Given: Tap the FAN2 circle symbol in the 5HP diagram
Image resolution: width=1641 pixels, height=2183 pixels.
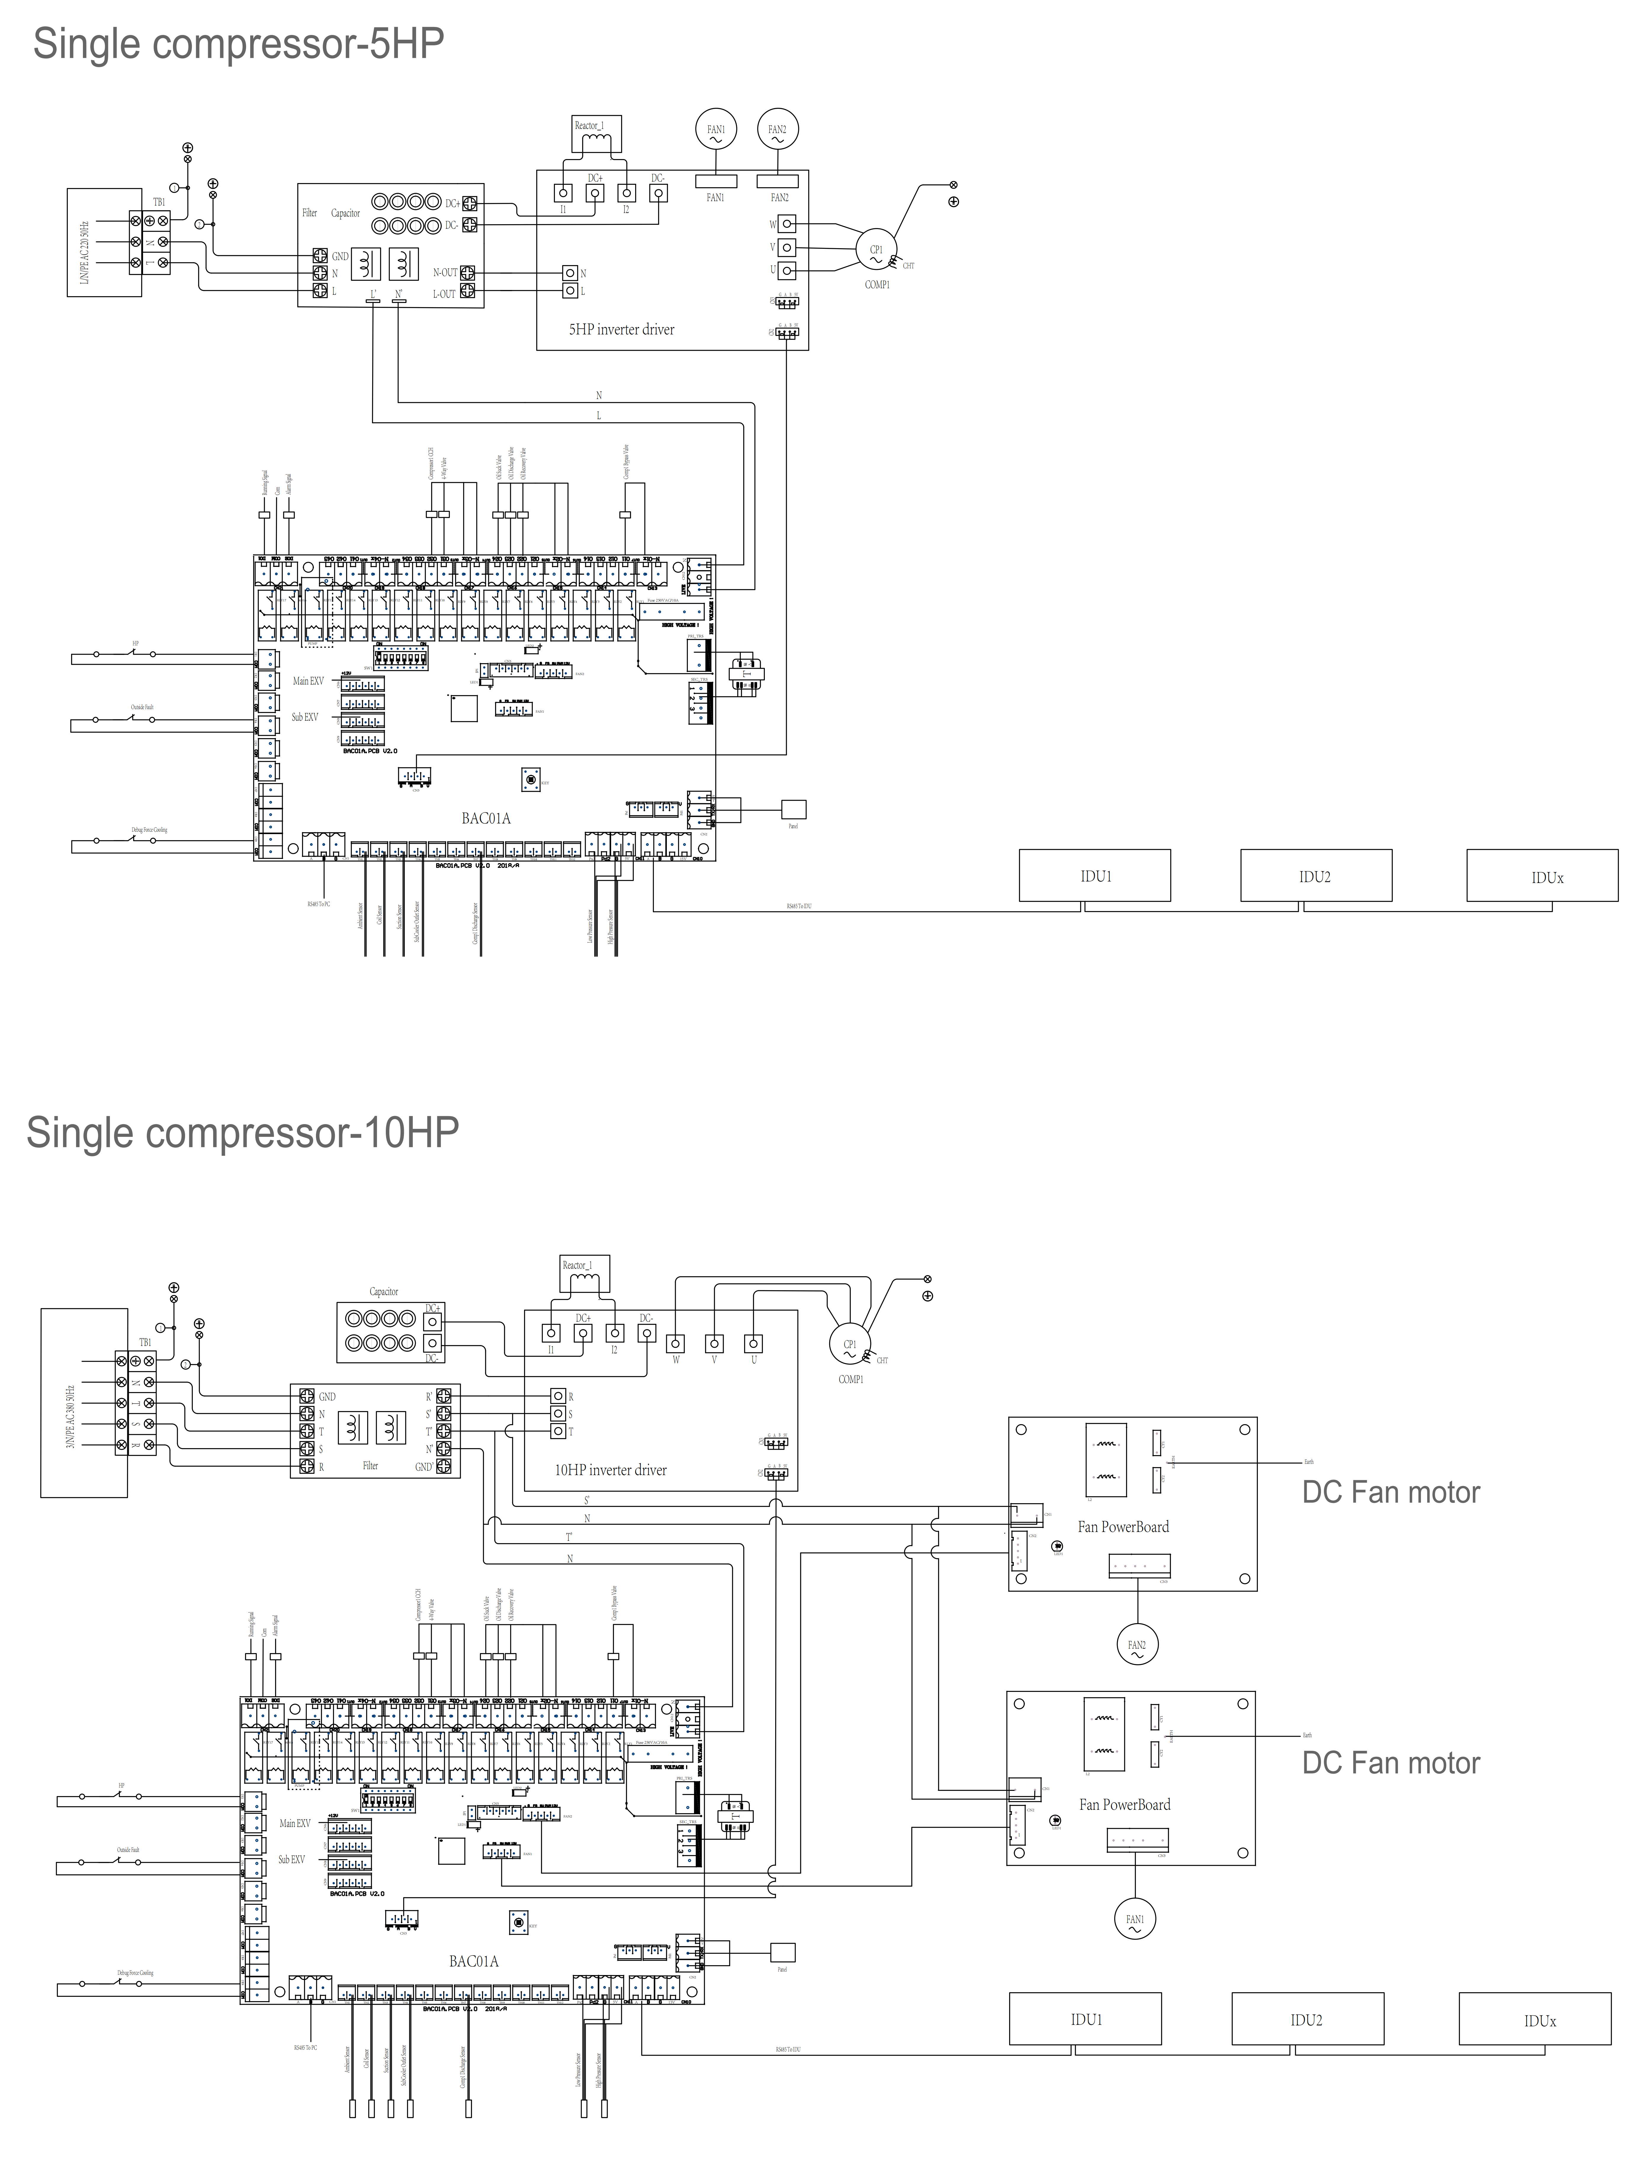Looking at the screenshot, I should click(x=778, y=129).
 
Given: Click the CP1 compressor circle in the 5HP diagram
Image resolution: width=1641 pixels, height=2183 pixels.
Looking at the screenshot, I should click(x=875, y=251).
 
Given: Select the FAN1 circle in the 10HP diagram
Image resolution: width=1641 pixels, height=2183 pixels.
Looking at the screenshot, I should click(x=1135, y=1919).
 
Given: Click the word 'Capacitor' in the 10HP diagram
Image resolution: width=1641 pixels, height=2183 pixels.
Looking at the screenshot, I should click(x=384, y=1291).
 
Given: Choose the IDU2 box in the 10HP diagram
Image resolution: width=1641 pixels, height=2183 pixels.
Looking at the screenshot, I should click(x=1306, y=2019).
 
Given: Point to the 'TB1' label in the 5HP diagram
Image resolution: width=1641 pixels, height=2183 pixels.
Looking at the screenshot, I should click(x=159, y=202).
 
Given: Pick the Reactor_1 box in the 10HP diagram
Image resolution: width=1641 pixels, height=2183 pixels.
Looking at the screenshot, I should click(x=584, y=1273).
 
